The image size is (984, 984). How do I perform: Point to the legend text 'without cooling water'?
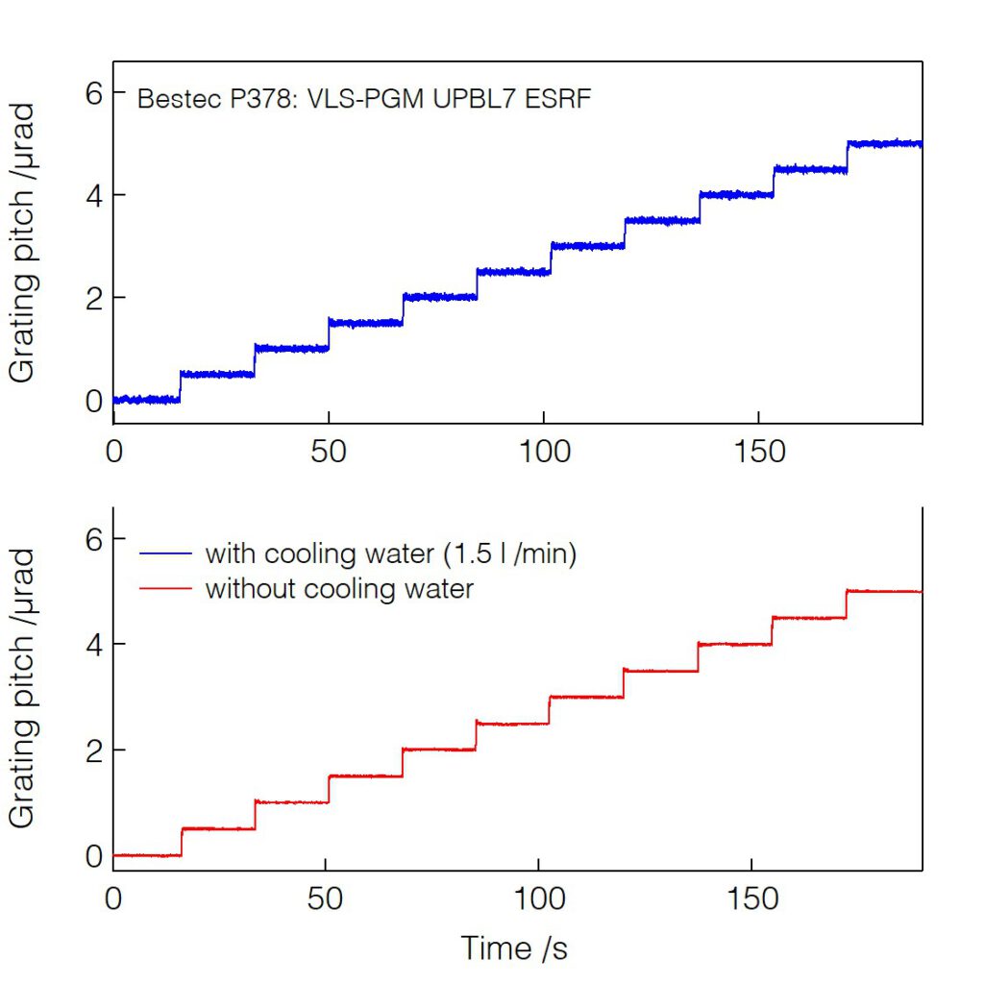[x=339, y=588]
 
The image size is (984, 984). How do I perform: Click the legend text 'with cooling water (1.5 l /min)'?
[x=390, y=554]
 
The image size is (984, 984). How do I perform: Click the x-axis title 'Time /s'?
[x=514, y=948]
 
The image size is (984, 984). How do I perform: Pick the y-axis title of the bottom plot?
[x=23, y=688]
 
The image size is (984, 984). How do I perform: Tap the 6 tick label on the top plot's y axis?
[x=93, y=92]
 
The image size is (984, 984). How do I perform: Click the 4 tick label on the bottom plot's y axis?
[x=93, y=644]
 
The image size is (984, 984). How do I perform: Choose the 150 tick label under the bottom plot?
[x=753, y=899]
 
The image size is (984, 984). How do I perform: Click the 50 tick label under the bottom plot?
[x=329, y=899]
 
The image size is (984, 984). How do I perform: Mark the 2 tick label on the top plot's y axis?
[x=93, y=298]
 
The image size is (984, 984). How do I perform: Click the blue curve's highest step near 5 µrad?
[x=884, y=143]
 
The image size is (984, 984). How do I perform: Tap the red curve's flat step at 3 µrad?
[x=586, y=697]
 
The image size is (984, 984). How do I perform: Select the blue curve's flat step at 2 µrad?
[x=439, y=297]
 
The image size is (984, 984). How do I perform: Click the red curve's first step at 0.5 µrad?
[x=218, y=828]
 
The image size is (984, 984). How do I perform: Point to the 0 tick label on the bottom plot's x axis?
[x=114, y=899]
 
